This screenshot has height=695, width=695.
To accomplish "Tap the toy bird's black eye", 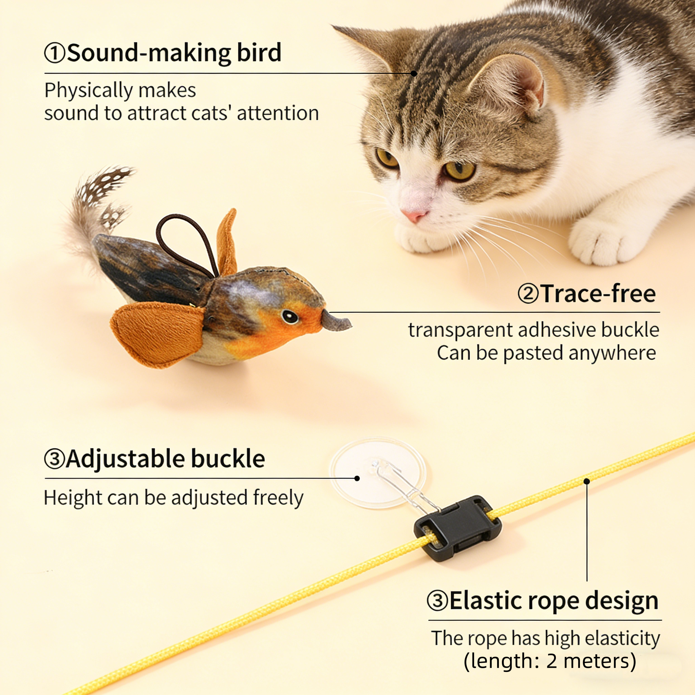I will (289, 316).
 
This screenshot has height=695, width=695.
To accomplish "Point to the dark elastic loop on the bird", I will (187, 241).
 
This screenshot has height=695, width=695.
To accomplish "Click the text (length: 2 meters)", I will (550, 661).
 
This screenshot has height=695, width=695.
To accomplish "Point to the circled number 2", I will (528, 294).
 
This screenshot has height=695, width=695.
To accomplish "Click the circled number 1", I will (54, 53).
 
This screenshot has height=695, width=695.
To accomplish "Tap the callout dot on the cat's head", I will (414, 73).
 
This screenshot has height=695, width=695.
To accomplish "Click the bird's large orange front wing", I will (158, 333).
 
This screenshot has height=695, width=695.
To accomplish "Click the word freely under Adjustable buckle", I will (278, 498).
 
